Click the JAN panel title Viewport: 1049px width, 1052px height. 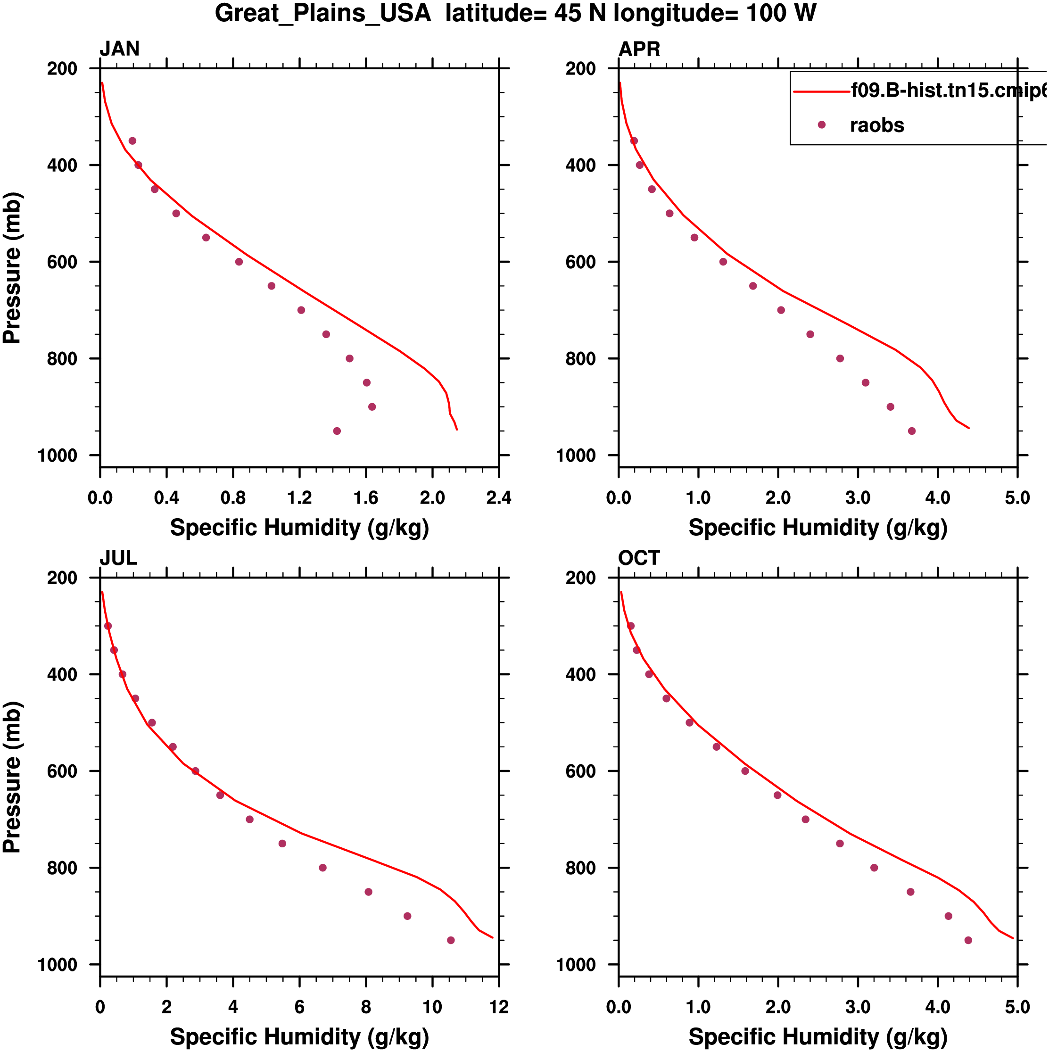pyautogui.click(x=119, y=49)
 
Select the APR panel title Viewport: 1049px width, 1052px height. pyautogui.click(x=639, y=49)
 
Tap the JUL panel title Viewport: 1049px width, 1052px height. pyautogui.click(x=118, y=558)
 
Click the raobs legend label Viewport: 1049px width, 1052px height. pyautogui.click(x=877, y=125)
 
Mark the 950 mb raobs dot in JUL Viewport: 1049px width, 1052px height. pyautogui.click(x=451, y=940)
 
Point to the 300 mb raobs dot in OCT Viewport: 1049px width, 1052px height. pyautogui.click(x=631, y=626)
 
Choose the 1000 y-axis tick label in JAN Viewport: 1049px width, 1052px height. pyautogui.click(x=57, y=456)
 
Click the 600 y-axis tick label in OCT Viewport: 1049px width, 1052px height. pyautogui.click(x=580, y=771)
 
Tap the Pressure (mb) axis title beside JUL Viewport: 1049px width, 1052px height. pyautogui.click(x=12, y=778)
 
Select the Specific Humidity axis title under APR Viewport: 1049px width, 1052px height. pyautogui.click(x=818, y=528)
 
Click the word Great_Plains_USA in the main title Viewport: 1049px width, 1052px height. pyautogui.click(x=323, y=13)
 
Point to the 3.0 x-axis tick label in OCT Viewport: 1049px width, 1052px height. pyautogui.click(x=858, y=1007)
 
